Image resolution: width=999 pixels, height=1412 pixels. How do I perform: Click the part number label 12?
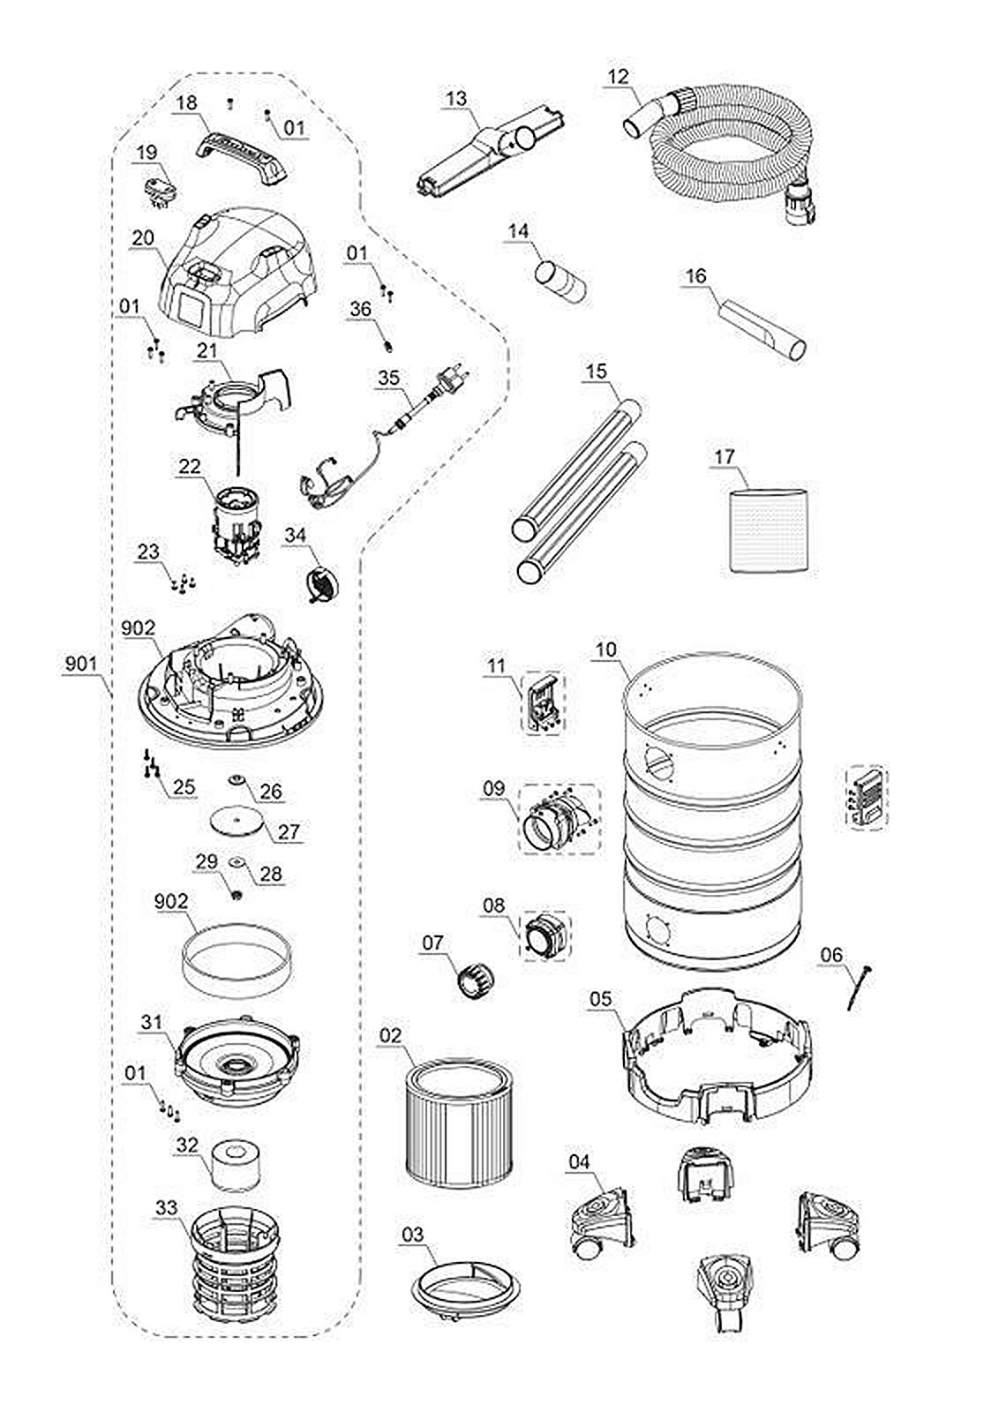click(x=618, y=78)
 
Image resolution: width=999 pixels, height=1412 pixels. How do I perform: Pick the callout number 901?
click(x=81, y=665)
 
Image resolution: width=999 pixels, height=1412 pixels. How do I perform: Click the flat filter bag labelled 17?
click(x=767, y=529)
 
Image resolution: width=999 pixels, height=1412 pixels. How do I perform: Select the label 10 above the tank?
click(x=606, y=650)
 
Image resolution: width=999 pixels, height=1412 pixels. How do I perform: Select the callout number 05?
click(x=600, y=999)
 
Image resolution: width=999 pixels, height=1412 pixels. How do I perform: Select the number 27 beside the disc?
click(x=289, y=831)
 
